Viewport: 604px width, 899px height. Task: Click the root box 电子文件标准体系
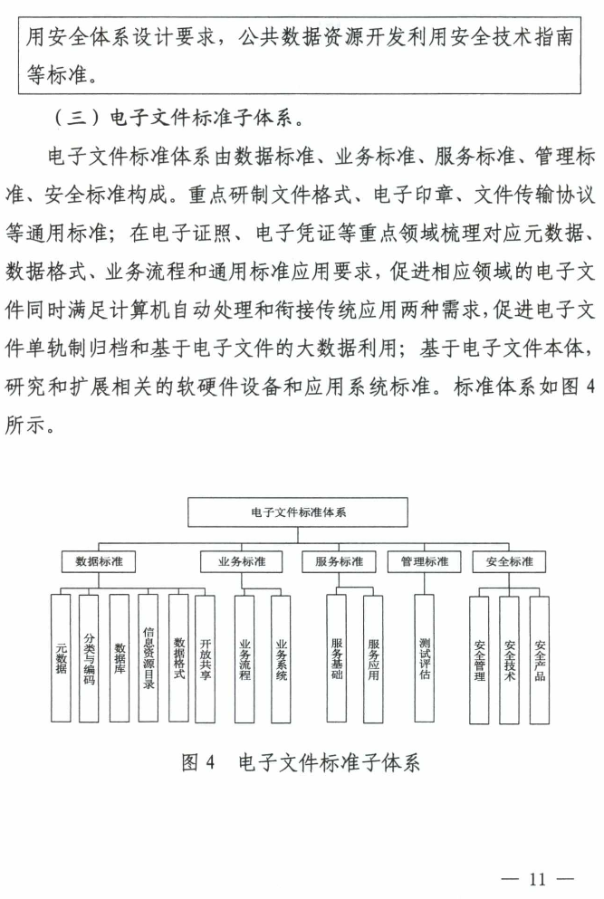click(299, 512)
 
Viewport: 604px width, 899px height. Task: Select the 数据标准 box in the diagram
click(99, 561)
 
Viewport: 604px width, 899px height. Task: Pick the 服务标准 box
click(339, 561)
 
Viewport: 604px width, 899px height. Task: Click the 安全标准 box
click(509, 561)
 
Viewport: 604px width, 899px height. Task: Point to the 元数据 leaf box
click(61, 658)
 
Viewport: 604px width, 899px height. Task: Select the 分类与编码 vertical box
click(88, 658)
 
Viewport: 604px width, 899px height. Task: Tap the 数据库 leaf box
click(119, 658)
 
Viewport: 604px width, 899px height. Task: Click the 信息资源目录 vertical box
click(149, 658)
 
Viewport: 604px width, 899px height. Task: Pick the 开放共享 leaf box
click(206, 658)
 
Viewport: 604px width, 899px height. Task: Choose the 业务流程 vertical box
click(244, 658)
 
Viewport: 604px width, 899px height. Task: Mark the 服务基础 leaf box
click(337, 658)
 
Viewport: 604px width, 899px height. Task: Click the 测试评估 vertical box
click(425, 658)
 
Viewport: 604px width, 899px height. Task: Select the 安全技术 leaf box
click(509, 658)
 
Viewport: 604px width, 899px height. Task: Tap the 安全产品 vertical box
click(540, 658)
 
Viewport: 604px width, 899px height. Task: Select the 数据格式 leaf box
click(178, 658)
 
